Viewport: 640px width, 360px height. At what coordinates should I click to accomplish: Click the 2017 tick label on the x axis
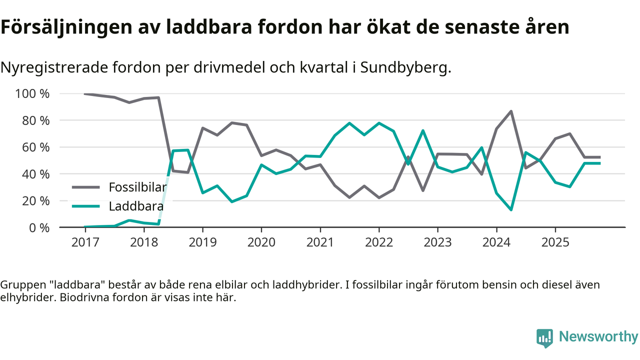coord(85,242)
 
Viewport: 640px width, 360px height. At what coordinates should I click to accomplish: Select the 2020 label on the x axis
coord(261,242)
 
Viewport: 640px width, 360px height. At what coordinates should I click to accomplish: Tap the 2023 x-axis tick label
coord(437,242)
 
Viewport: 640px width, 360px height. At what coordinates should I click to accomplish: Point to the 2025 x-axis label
coord(555,242)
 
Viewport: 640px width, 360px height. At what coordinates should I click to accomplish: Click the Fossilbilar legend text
coord(137,187)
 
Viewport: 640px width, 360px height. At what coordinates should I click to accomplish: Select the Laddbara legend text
coord(136,205)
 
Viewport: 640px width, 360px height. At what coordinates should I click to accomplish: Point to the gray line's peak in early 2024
coord(511,111)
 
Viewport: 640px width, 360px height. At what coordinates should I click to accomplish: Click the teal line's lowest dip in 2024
coord(511,209)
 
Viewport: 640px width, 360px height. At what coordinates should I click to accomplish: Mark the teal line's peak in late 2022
coord(423,131)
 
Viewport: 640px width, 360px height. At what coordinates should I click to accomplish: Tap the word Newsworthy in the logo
coord(598,337)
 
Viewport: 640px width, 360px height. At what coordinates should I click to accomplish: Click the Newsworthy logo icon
coord(544,337)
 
